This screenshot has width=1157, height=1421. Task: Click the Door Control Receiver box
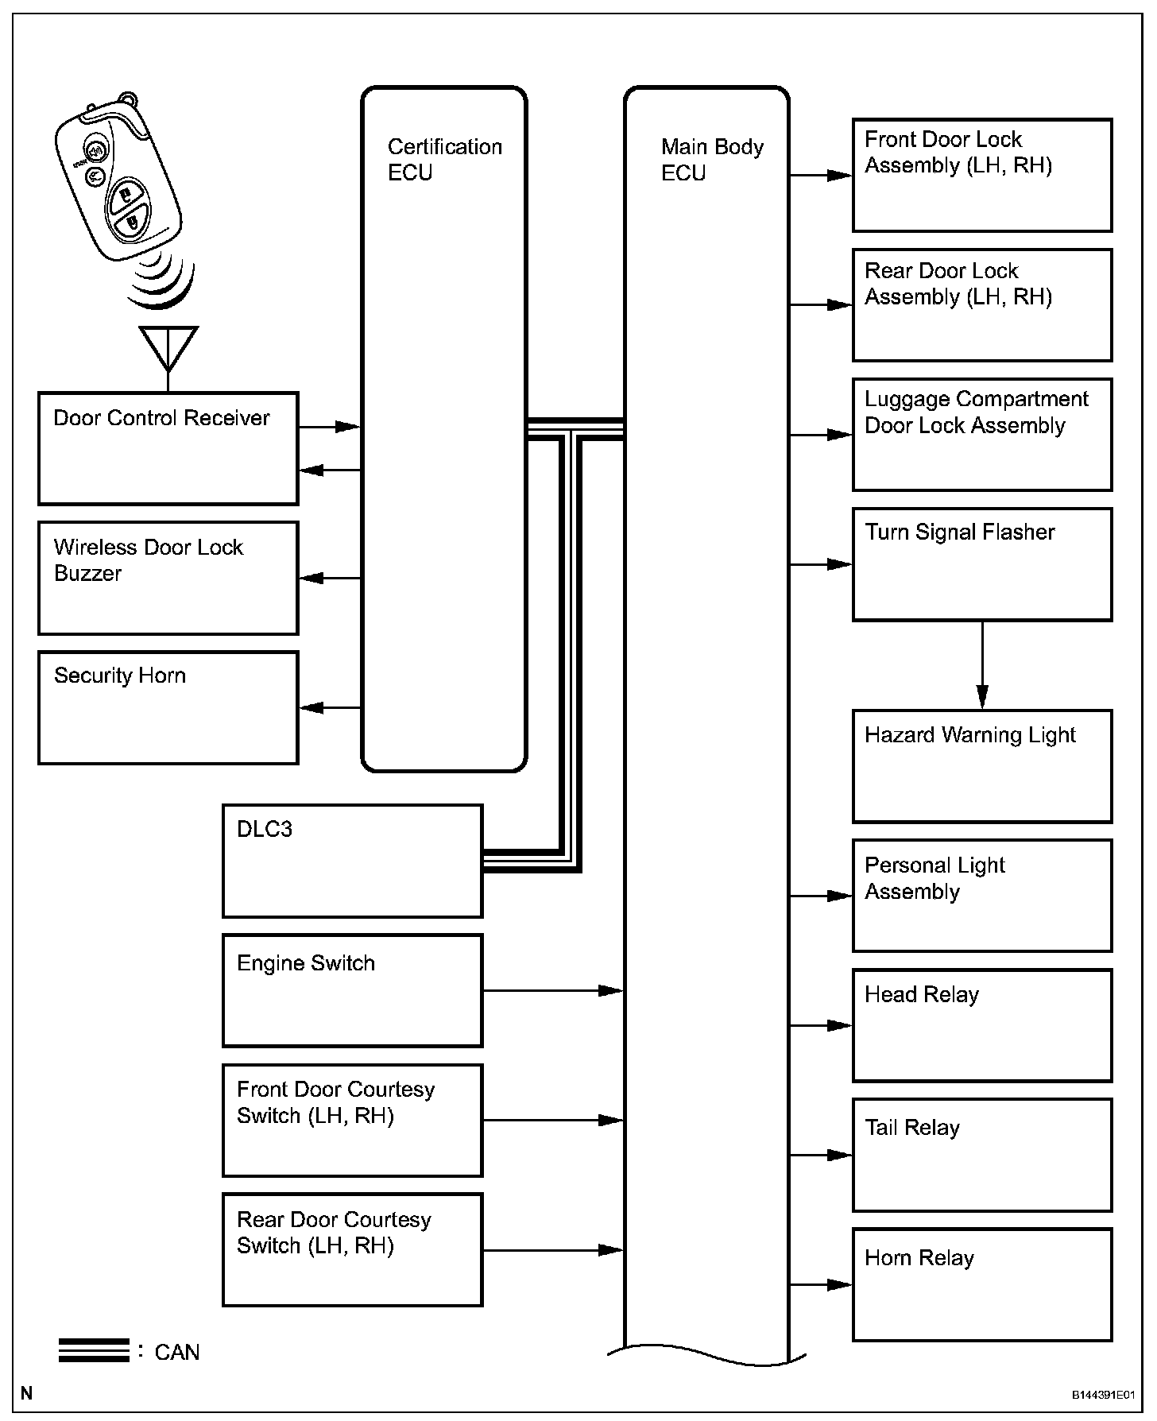(x=168, y=448)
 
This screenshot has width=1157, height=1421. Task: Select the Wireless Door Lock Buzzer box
(x=168, y=578)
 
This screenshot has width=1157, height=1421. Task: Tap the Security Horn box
(x=168, y=707)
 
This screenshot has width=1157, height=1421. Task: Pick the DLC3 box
(x=352, y=861)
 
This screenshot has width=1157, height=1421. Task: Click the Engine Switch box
(x=352, y=990)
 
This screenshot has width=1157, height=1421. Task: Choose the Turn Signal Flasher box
(x=981, y=564)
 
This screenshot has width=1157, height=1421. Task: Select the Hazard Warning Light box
(x=981, y=766)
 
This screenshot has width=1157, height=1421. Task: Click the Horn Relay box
(x=981, y=1284)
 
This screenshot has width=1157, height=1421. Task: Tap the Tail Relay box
(x=981, y=1155)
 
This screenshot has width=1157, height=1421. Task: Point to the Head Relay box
(x=981, y=1025)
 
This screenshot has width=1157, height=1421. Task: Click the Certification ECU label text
(x=444, y=160)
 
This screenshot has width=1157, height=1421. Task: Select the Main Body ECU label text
(x=712, y=160)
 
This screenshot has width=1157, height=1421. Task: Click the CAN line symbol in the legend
(x=94, y=1351)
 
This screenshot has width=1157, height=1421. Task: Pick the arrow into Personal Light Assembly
(x=821, y=896)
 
